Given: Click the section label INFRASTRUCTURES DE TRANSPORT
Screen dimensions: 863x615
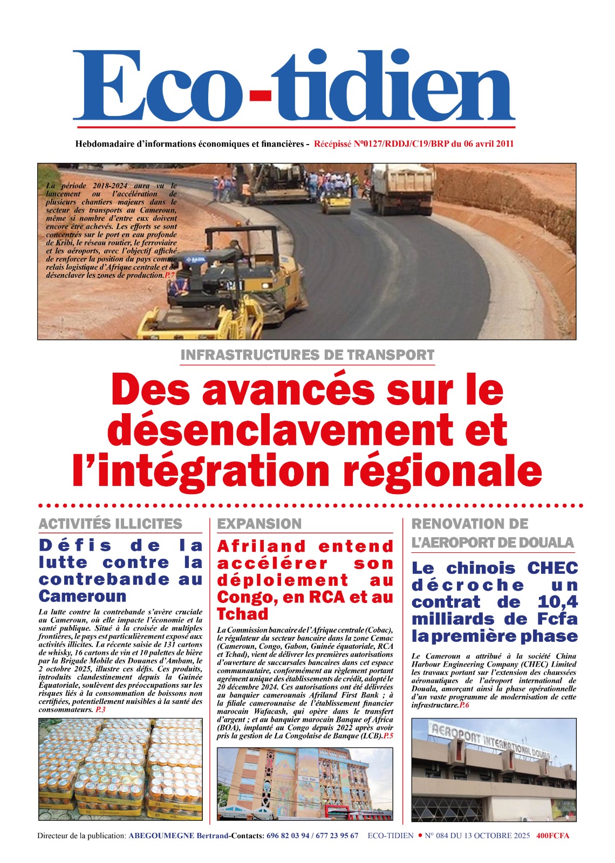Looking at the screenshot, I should [307, 355].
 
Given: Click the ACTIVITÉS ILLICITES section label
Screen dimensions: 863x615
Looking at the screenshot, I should [110, 524].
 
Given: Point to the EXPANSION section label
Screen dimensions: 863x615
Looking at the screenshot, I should [259, 524].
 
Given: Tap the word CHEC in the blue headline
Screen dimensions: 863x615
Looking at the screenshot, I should [552, 568].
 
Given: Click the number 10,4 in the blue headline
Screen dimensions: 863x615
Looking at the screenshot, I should [558, 602].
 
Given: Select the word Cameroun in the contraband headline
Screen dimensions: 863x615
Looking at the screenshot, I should [83, 596].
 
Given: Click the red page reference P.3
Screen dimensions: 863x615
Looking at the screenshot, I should [100, 710].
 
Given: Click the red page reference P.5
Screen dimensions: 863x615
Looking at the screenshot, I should [388, 736].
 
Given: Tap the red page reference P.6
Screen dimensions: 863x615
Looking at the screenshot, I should [464, 705].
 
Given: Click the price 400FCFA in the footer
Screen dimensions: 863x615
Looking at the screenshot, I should [552, 835].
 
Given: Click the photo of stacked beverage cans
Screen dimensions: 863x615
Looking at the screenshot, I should [120, 769].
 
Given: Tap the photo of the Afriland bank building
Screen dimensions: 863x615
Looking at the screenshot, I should [305, 783].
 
